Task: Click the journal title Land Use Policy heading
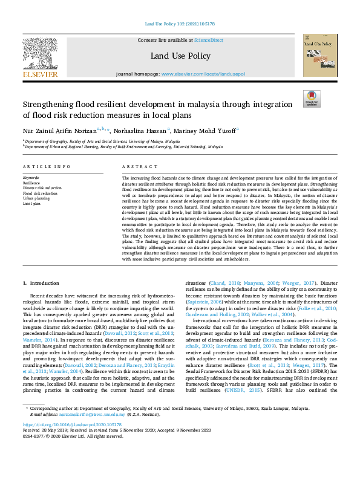(180, 56)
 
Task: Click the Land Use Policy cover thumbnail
(320, 56)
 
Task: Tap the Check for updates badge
(312, 99)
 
